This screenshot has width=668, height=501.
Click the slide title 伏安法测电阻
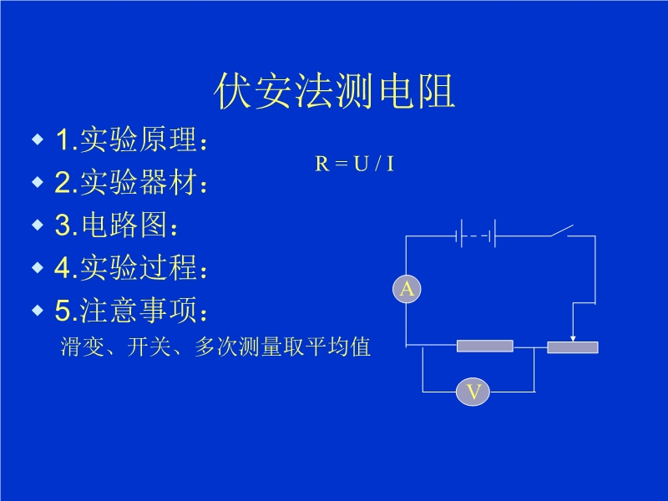(x=334, y=92)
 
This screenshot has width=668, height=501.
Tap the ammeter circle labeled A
(x=407, y=289)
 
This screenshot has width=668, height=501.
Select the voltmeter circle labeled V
(x=473, y=392)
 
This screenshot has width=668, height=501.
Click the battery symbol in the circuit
(x=476, y=235)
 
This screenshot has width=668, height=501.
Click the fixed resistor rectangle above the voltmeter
(x=485, y=346)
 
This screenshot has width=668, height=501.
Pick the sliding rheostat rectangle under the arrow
(x=573, y=347)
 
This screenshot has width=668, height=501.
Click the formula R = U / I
(x=354, y=164)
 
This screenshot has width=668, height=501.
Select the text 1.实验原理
(x=130, y=140)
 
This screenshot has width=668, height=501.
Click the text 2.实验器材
(x=130, y=183)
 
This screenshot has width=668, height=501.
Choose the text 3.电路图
(x=117, y=225)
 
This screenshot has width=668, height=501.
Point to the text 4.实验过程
(x=130, y=268)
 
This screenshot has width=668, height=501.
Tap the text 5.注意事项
(x=130, y=311)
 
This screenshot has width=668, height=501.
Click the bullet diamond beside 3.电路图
(x=37, y=225)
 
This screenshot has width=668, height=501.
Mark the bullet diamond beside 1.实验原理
(x=37, y=139)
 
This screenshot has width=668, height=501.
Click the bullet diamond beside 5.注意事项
(x=37, y=310)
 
